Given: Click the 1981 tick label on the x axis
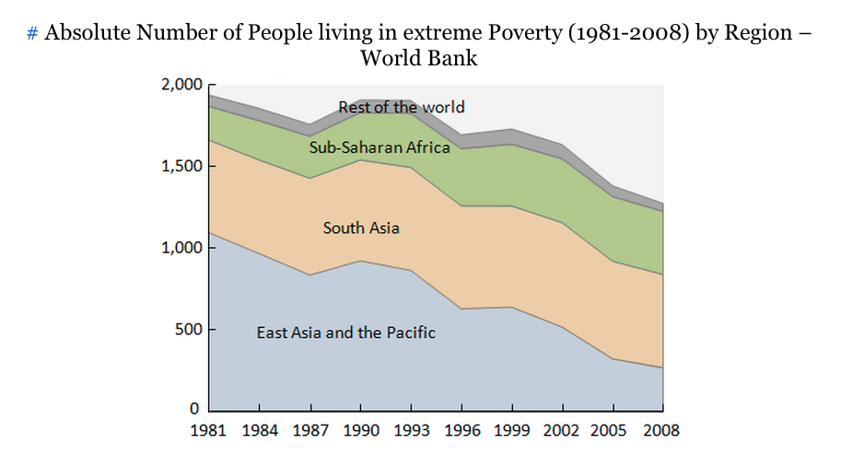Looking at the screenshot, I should tap(209, 430).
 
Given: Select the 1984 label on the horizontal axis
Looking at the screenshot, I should tap(260, 430).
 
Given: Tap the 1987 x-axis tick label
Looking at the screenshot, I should tap(310, 430).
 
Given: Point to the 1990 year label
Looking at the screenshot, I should tap(360, 430).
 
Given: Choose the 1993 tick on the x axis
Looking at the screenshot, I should tap(411, 430).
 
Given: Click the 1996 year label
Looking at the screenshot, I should tap(461, 430).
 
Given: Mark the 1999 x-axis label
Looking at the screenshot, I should tap(511, 430).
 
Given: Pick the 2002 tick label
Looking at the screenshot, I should tap(562, 430).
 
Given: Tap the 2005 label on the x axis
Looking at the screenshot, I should tap(612, 430).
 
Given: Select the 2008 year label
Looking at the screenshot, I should tap(661, 430).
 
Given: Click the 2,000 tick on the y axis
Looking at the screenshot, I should tap(181, 85).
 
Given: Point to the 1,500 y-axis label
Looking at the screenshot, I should tap(181, 167).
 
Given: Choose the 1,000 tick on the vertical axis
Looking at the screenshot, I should tap(181, 248).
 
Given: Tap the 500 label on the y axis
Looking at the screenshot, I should tap(188, 330).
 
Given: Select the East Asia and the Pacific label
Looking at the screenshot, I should tap(346, 333).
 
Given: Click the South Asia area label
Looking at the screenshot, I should tap(361, 228).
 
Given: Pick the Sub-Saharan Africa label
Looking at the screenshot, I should tap(379, 147).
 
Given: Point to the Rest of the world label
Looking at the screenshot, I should tap(402, 108).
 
